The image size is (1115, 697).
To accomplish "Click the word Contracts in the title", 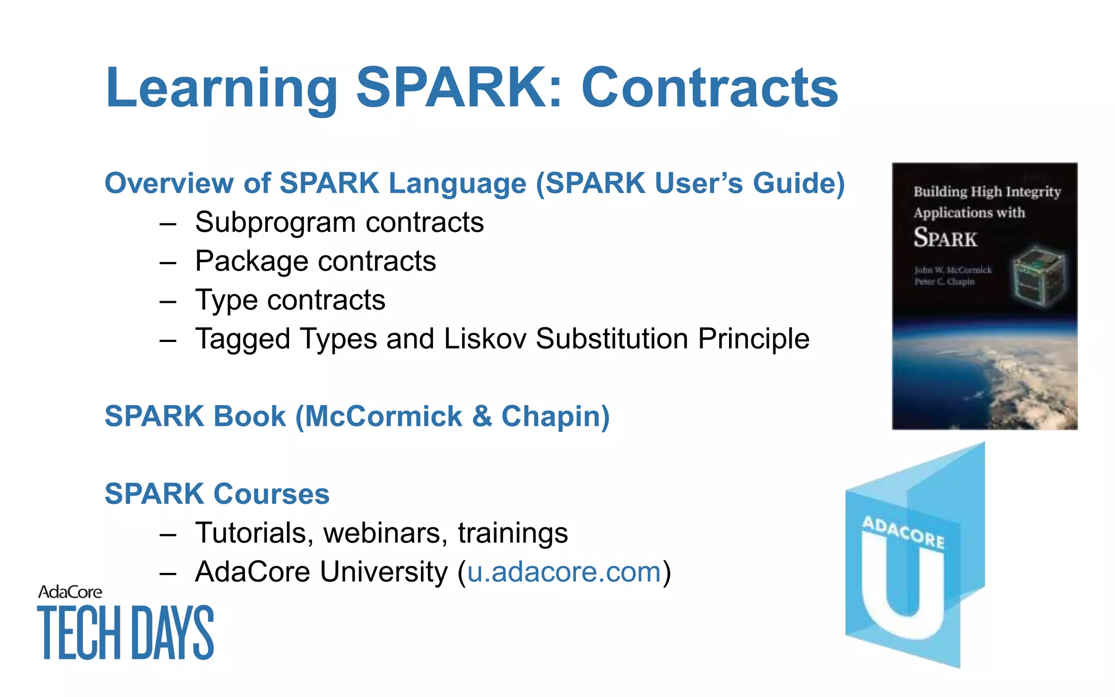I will [x=709, y=88].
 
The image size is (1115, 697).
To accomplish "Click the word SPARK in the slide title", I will [x=459, y=88].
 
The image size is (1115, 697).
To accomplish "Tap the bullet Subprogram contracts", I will [x=339, y=222].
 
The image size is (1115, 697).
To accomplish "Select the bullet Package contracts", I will [x=315, y=261].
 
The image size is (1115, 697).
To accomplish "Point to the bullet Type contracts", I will [x=290, y=300].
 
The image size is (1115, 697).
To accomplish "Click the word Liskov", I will [x=485, y=339].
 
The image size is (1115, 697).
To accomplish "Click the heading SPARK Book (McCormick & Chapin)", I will [x=357, y=416].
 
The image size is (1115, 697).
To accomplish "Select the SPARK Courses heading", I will [x=217, y=494].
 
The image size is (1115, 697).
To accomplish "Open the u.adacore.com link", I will [x=564, y=572].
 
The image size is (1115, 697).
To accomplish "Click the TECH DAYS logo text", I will [x=125, y=633].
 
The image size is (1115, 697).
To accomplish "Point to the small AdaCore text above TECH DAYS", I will [x=70, y=592].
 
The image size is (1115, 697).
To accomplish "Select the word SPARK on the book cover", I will [x=945, y=238].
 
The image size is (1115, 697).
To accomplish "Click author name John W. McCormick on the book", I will [x=953, y=270].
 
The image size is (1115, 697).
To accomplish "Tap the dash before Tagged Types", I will [x=168, y=340].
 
